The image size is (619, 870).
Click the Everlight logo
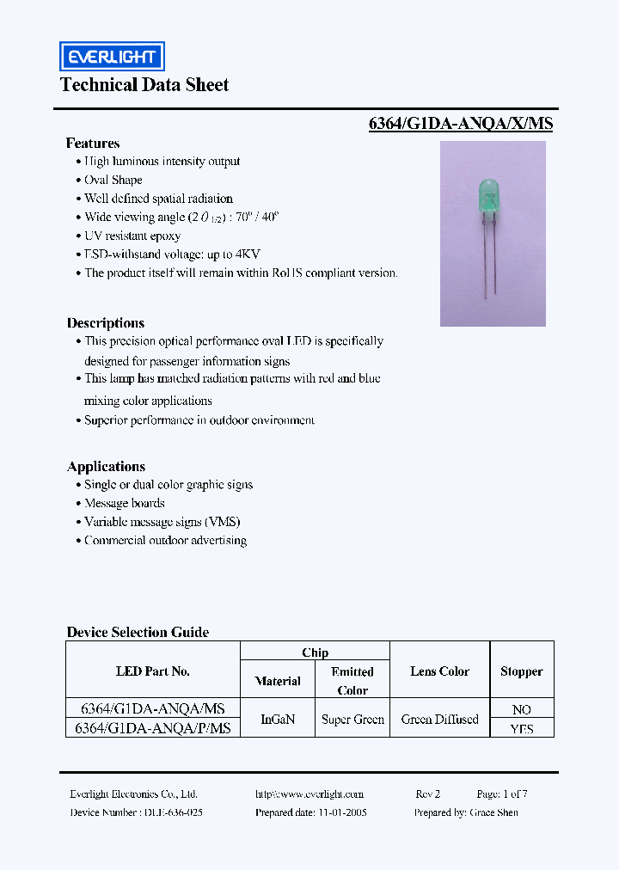[111, 57]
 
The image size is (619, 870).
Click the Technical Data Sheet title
[144, 84]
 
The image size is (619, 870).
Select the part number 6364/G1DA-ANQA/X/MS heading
[460, 123]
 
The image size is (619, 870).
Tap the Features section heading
[93, 144]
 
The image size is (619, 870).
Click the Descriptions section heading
[106, 323]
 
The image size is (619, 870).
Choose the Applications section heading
[106, 467]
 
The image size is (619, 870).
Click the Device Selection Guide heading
[138, 632]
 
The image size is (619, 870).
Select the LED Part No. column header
[152, 671]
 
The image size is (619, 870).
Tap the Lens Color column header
[439, 671]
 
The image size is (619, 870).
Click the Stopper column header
[521, 671]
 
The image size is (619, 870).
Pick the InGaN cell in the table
[278, 720]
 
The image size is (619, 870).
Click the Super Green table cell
[352, 720]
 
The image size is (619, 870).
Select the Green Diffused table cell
[439, 720]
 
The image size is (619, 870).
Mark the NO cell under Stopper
[521, 709]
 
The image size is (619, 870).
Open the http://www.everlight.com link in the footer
[309, 794]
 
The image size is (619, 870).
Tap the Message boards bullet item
[125, 504]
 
